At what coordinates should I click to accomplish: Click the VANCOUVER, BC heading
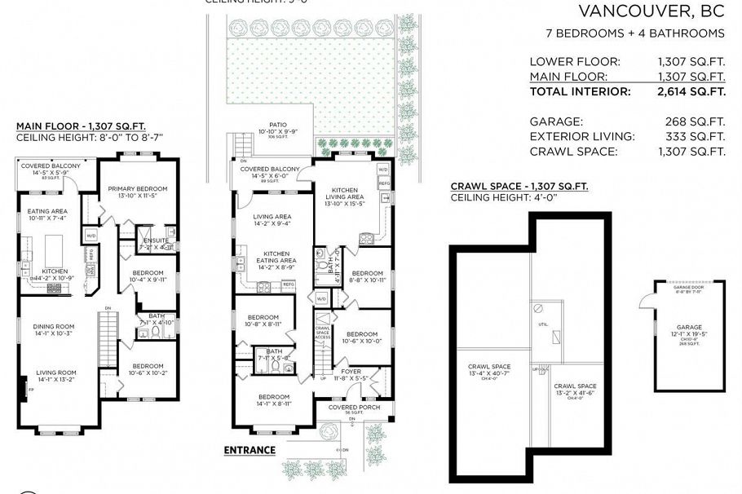[x=651, y=11]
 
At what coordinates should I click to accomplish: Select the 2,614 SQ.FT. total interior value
[x=691, y=91]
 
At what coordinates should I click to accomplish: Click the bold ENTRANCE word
[x=250, y=450]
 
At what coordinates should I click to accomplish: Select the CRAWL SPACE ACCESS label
[x=322, y=332]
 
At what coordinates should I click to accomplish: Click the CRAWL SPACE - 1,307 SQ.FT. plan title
[x=519, y=187]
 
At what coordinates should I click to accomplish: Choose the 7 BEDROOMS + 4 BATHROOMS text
[x=634, y=33]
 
